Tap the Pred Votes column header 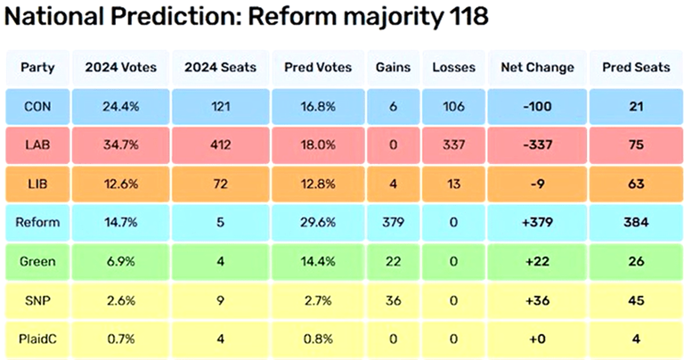click(x=313, y=68)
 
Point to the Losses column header click(x=454, y=68)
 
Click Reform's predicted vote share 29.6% click(x=313, y=223)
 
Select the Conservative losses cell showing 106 click(x=454, y=108)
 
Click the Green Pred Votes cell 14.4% click(x=313, y=262)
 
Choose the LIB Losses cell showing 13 click(x=454, y=184)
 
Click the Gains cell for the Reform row click(x=392, y=223)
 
